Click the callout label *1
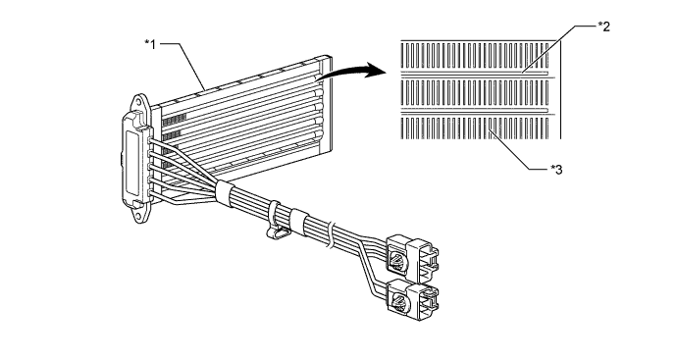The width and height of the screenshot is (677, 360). [x=149, y=43]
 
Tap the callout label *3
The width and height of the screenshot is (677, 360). [x=557, y=170]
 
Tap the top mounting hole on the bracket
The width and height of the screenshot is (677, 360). [x=138, y=100]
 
